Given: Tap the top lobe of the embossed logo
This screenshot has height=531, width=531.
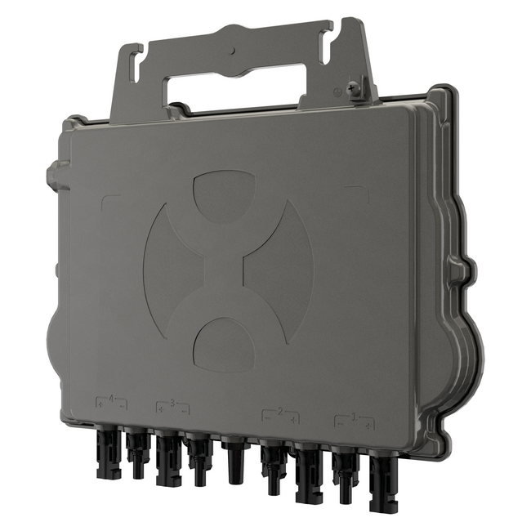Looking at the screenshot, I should tap(223, 195).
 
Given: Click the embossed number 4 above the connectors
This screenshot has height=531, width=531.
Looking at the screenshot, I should tap(111, 398).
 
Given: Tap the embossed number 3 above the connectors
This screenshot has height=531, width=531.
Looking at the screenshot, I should tap(172, 403).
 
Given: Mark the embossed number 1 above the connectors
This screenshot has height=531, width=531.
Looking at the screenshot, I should tap(354, 417).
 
